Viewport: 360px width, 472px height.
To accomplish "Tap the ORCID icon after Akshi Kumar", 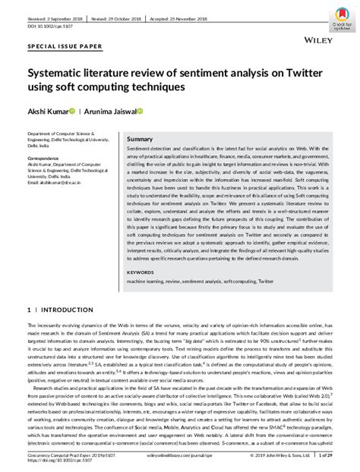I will coord(72,112).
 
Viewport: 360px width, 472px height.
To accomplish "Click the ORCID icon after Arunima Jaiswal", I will coord(141,112).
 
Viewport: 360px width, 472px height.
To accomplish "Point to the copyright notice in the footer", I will coord(283,455).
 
